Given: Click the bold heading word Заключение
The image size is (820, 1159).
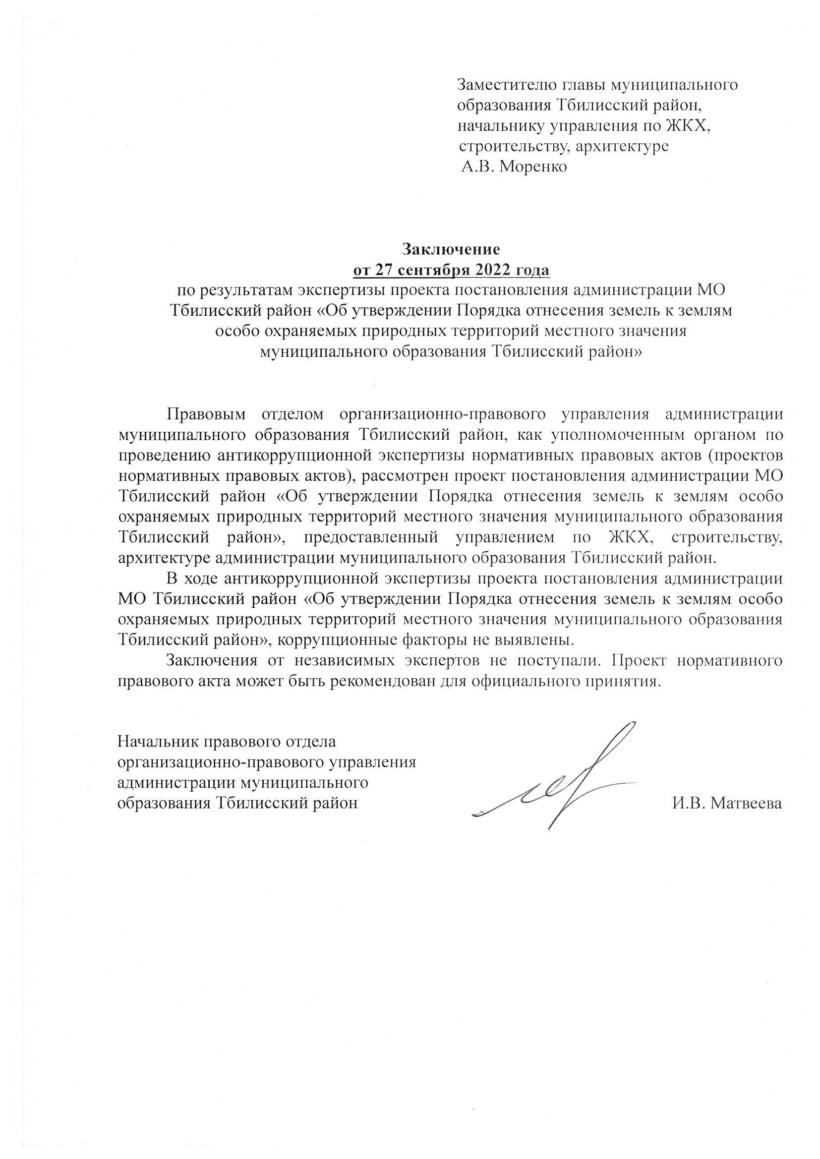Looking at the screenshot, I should click(x=450, y=249).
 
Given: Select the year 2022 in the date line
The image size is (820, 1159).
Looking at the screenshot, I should click(x=487, y=271).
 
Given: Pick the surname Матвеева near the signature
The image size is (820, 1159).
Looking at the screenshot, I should click(x=746, y=803).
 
